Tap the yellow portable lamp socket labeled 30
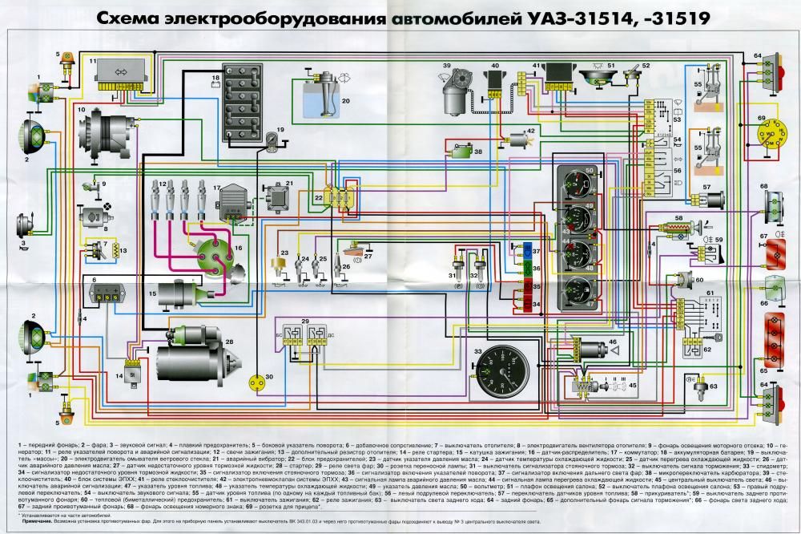tap(258, 383)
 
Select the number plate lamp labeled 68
tap(771, 200)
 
